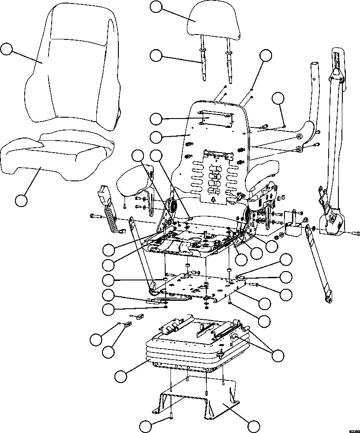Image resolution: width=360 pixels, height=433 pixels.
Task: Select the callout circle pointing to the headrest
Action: [x=156, y=7]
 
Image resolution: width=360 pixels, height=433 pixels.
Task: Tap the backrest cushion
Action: [x=73, y=66]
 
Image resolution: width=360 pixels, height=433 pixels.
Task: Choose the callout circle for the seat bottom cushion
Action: [x=21, y=200]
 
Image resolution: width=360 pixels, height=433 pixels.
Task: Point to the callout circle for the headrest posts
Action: [x=156, y=55]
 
